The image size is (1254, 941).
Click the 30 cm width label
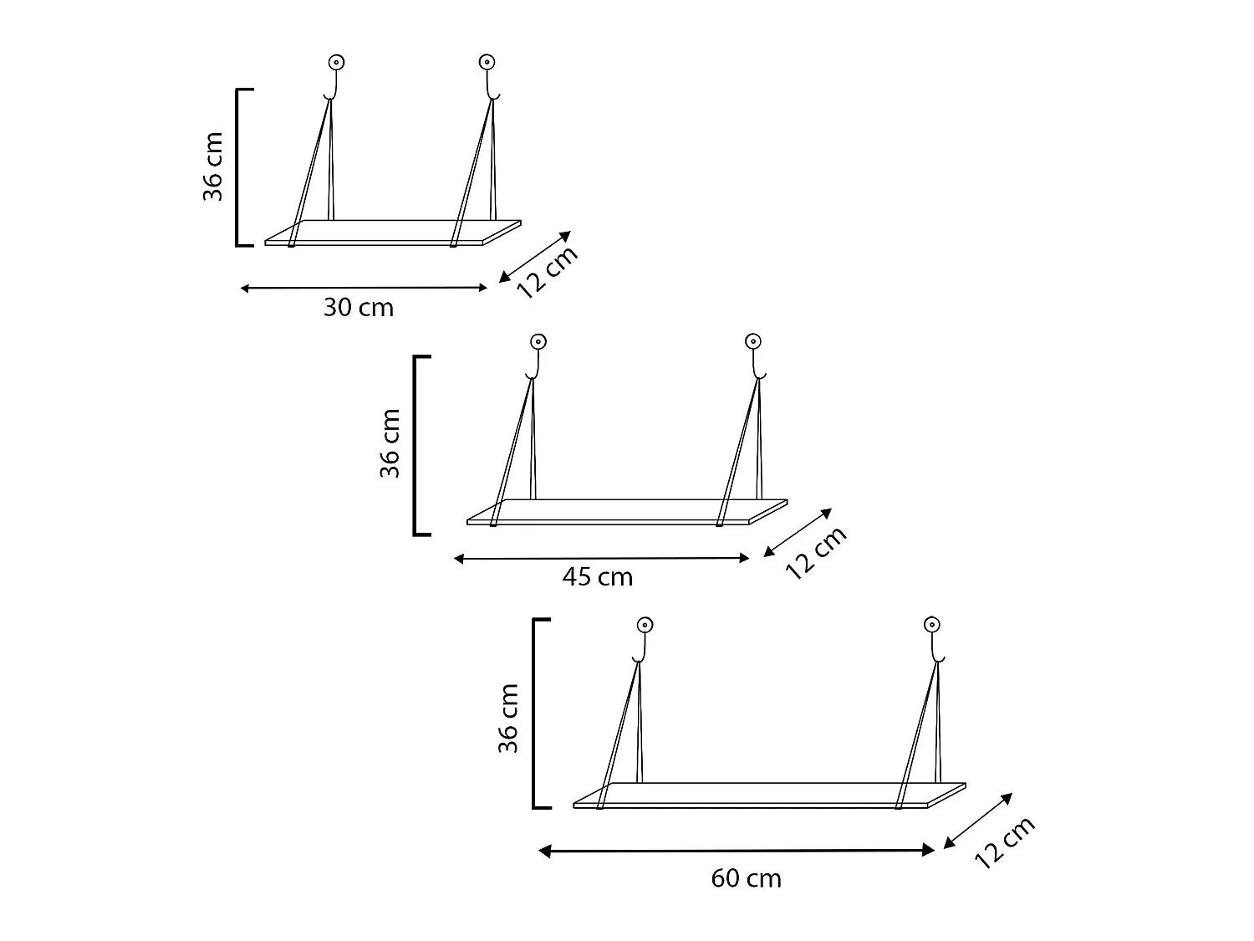click(x=358, y=308)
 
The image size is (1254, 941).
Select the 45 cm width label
click(x=597, y=577)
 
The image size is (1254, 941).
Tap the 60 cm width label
click(x=746, y=878)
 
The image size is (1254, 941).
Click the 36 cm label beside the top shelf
click(x=213, y=166)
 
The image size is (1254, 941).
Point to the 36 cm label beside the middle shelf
click(x=390, y=443)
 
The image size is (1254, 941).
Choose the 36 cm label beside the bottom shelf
click(x=508, y=718)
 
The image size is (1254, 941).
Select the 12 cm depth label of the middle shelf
click(x=817, y=552)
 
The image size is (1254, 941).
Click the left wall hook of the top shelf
click(x=335, y=75)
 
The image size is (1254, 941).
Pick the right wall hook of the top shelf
click(x=487, y=75)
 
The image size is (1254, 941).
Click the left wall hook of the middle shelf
click(x=538, y=355)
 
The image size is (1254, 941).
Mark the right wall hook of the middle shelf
click(x=753, y=355)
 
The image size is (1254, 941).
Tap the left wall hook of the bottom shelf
click(x=644, y=639)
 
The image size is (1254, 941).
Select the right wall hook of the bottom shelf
click(x=932, y=639)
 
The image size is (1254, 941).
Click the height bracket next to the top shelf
click(x=239, y=167)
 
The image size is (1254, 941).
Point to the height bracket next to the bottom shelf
click(x=536, y=713)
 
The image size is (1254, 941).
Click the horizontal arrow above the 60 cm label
click(x=737, y=851)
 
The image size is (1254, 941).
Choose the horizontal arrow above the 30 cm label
click(x=364, y=288)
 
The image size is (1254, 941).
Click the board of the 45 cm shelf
click(x=627, y=512)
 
